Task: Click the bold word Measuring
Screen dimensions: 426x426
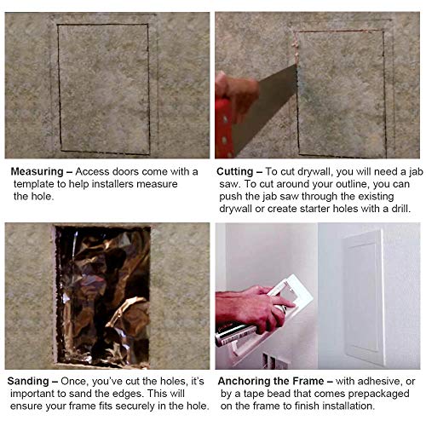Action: coord(37,171)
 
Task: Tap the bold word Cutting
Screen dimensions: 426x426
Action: coord(234,171)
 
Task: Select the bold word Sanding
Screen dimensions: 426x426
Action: coord(28,381)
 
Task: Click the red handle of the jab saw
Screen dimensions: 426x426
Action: coord(224,128)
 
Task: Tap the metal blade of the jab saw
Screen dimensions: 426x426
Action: coord(264,109)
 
